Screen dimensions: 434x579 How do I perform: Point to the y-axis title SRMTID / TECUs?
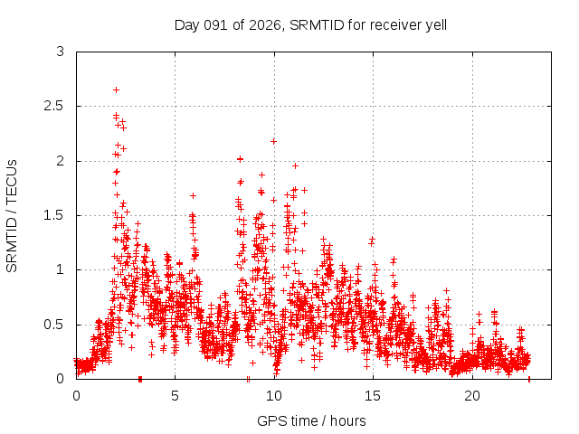[x=12, y=215]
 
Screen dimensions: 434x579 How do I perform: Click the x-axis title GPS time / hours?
[x=311, y=420]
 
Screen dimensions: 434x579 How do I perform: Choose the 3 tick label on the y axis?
[x=61, y=52]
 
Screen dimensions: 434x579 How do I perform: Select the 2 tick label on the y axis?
[x=61, y=161]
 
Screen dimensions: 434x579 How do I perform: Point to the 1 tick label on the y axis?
[x=61, y=269]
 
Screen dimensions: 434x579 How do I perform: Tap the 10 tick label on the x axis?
[x=274, y=395]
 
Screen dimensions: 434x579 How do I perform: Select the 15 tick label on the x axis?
[x=373, y=395]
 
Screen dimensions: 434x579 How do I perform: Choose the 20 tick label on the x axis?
[x=472, y=395]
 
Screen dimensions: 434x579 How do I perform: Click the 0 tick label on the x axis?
[x=76, y=395]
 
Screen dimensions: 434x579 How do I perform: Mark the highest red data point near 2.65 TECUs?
[x=116, y=90]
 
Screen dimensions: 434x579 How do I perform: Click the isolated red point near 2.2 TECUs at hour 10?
[x=273, y=141]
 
